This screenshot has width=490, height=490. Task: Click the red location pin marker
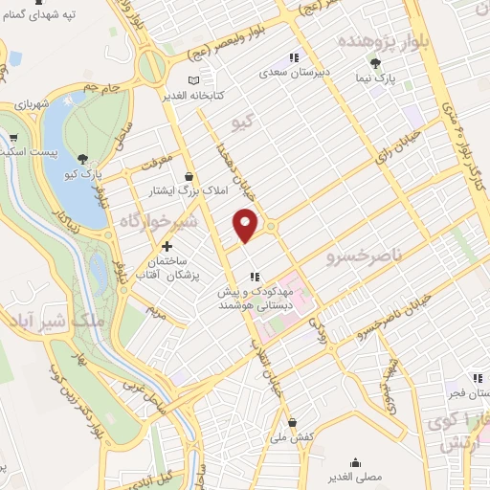click(x=246, y=225)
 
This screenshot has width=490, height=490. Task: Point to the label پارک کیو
click(x=84, y=173)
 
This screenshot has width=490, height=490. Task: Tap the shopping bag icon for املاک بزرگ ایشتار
click(x=189, y=176)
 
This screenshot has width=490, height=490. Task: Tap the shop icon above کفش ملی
click(x=292, y=421)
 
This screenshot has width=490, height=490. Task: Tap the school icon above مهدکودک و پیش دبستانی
click(x=256, y=277)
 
